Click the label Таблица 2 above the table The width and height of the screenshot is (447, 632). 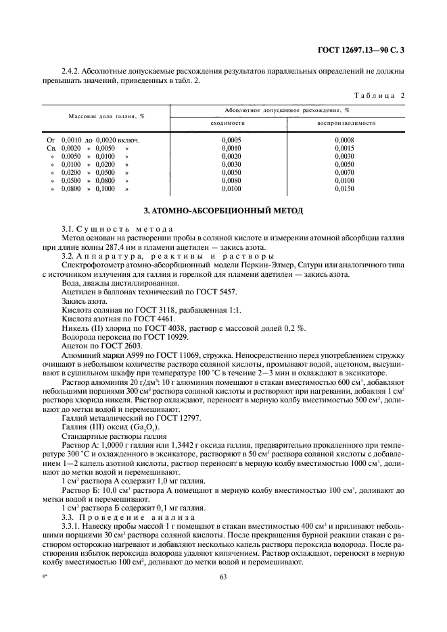pos(379,95)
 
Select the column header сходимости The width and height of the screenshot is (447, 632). pos(227,124)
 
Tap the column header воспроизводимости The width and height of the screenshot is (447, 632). pos(345,124)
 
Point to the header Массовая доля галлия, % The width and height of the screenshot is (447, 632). pos(106,116)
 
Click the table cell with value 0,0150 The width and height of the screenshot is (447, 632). pos(344,190)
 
